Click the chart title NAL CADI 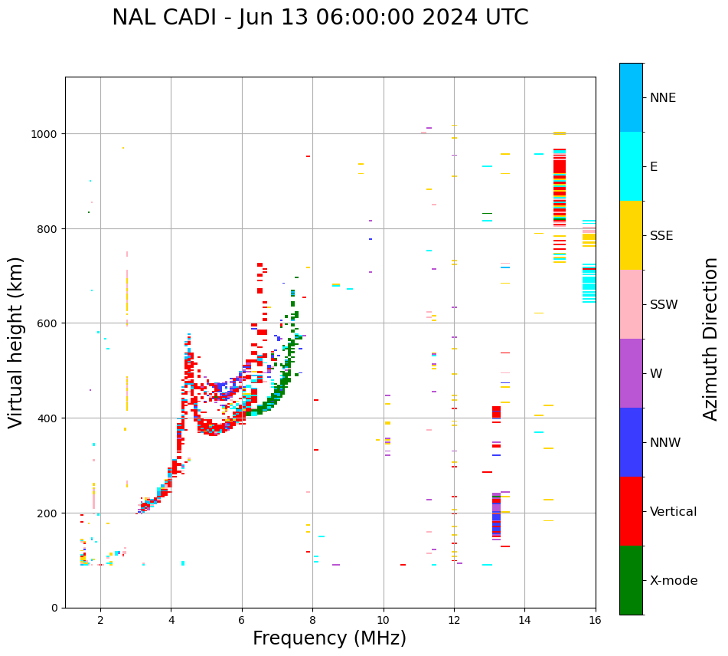pyautogui.click(x=320, y=18)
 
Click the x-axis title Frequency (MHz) pyautogui.click(x=329, y=638)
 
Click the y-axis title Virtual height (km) pyautogui.click(x=16, y=342)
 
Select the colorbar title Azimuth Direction pyautogui.click(x=711, y=339)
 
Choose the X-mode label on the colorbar pyautogui.click(x=674, y=581)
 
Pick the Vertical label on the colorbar pyautogui.click(x=673, y=512)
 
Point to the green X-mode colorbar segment pyautogui.click(x=631, y=580)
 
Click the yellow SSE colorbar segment pyautogui.click(x=631, y=235)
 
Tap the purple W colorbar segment pyautogui.click(x=631, y=373)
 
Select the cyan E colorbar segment pyautogui.click(x=631, y=166)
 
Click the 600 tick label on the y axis pyautogui.click(x=49, y=323)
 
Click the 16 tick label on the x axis pyautogui.click(x=596, y=622)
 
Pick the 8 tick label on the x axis pyautogui.click(x=312, y=622)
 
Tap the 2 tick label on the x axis pyautogui.click(x=100, y=622)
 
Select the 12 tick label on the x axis pyautogui.click(x=454, y=622)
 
